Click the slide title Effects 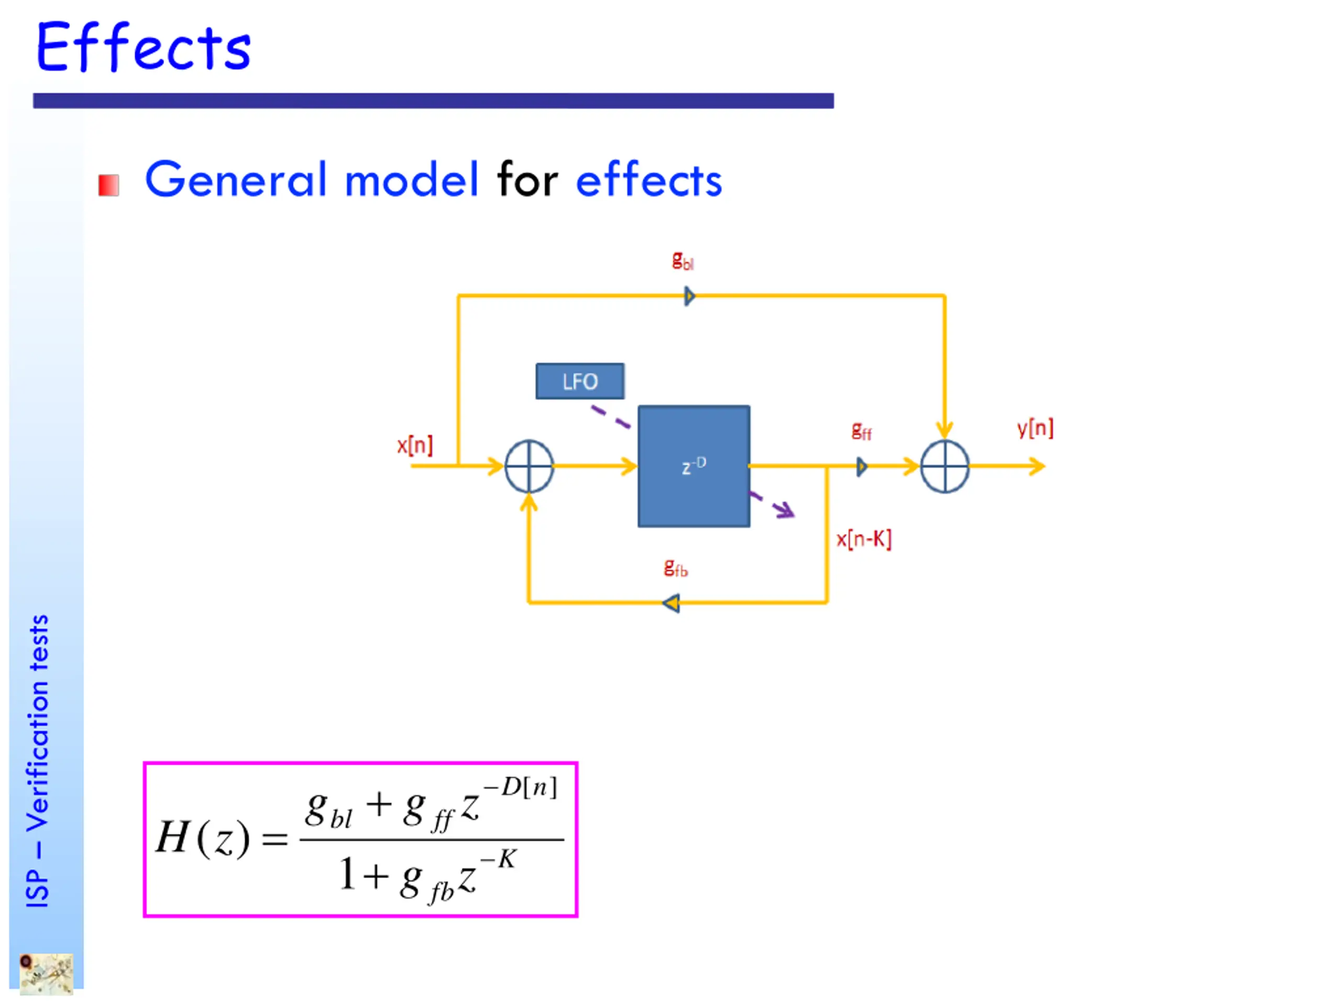click(143, 47)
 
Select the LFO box click(579, 381)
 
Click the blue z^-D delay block click(694, 466)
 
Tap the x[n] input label click(415, 446)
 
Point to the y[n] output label click(1035, 428)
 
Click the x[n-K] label click(863, 539)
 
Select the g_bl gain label click(683, 261)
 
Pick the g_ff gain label click(861, 431)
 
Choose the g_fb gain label click(675, 568)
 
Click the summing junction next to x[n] click(529, 466)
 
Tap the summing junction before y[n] click(944, 466)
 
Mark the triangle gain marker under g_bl click(689, 297)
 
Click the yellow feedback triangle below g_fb click(672, 604)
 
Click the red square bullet click(108, 185)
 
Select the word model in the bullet click(412, 180)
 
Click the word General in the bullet click(236, 180)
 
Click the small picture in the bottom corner click(46, 974)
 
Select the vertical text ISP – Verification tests click(38, 761)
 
